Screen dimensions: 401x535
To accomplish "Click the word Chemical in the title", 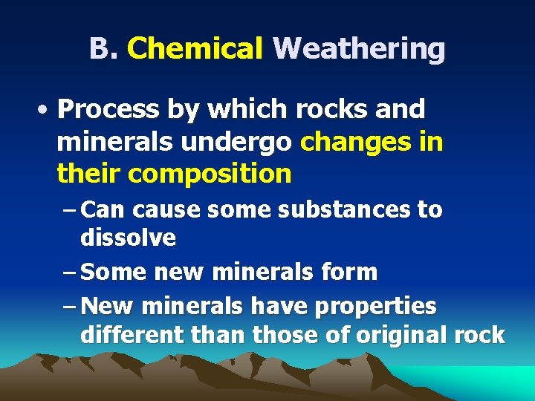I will (195, 49).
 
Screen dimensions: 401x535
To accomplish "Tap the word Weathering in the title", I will (359, 49).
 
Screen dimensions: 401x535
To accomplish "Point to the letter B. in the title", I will (104, 49).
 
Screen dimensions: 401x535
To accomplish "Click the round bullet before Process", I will (46, 110).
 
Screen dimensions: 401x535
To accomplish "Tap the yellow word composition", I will (210, 175).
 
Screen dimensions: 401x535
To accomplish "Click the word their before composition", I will (88, 174).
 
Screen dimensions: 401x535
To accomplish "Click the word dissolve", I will (128, 238).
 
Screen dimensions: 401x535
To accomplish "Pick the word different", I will (128, 335).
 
